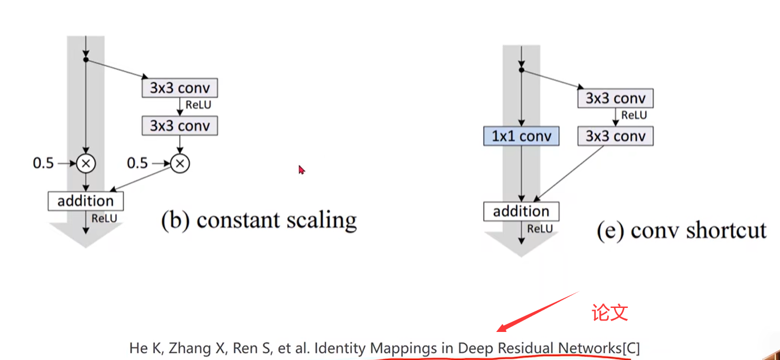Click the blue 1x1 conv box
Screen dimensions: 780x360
click(521, 136)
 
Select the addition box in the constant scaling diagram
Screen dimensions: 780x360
click(85, 201)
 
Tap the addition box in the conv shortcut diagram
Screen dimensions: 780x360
click(521, 211)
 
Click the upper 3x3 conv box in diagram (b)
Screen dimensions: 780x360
click(180, 88)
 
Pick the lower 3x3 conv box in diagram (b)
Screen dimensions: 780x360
click(180, 125)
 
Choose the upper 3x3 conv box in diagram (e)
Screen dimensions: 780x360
click(615, 98)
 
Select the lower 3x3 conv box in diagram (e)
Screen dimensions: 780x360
click(615, 136)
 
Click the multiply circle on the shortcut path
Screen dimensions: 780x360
click(86, 164)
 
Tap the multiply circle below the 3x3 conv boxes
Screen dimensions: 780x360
click(180, 164)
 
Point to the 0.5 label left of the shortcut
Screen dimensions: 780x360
click(43, 164)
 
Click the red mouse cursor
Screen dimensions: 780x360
click(302, 169)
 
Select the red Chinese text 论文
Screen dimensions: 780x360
click(610, 312)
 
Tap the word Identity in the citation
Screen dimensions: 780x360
click(340, 348)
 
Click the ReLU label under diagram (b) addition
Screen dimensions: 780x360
click(104, 218)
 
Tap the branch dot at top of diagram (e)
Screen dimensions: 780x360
click(521, 70)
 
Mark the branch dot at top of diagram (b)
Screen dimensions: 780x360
click(85, 59)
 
